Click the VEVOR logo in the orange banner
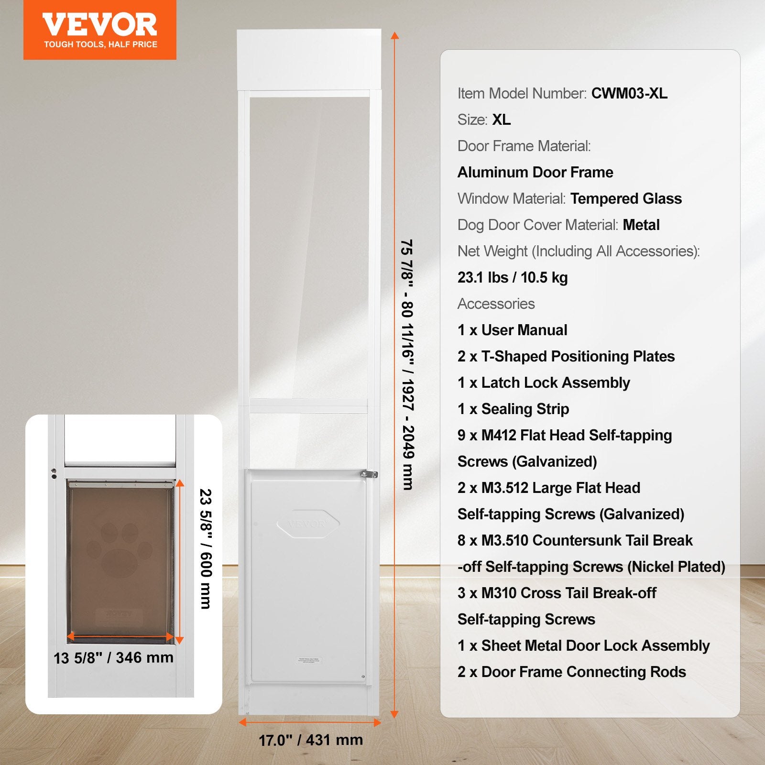pos(99,25)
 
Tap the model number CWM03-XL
pos(629,93)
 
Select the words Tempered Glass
pos(626,198)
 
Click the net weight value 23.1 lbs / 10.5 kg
pos(513,277)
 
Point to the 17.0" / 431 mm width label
pos(311,740)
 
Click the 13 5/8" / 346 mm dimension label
pos(113,658)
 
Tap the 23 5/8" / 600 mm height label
pos(206,548)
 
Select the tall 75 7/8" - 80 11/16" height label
pos(407,365)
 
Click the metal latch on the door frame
pos(369,474)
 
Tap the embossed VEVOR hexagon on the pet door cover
pos(308,524)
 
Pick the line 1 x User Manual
pos(512,330)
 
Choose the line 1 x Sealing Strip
pos(513,409)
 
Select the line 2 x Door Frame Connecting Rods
pos(571,672)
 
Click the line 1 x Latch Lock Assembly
pos(544,382)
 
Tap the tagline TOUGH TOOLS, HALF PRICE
pos(100,44)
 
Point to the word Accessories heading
pos(496,304)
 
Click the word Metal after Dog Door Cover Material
pos(641,225)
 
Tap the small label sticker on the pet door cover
pos(309,660)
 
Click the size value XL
pos(502,120)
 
